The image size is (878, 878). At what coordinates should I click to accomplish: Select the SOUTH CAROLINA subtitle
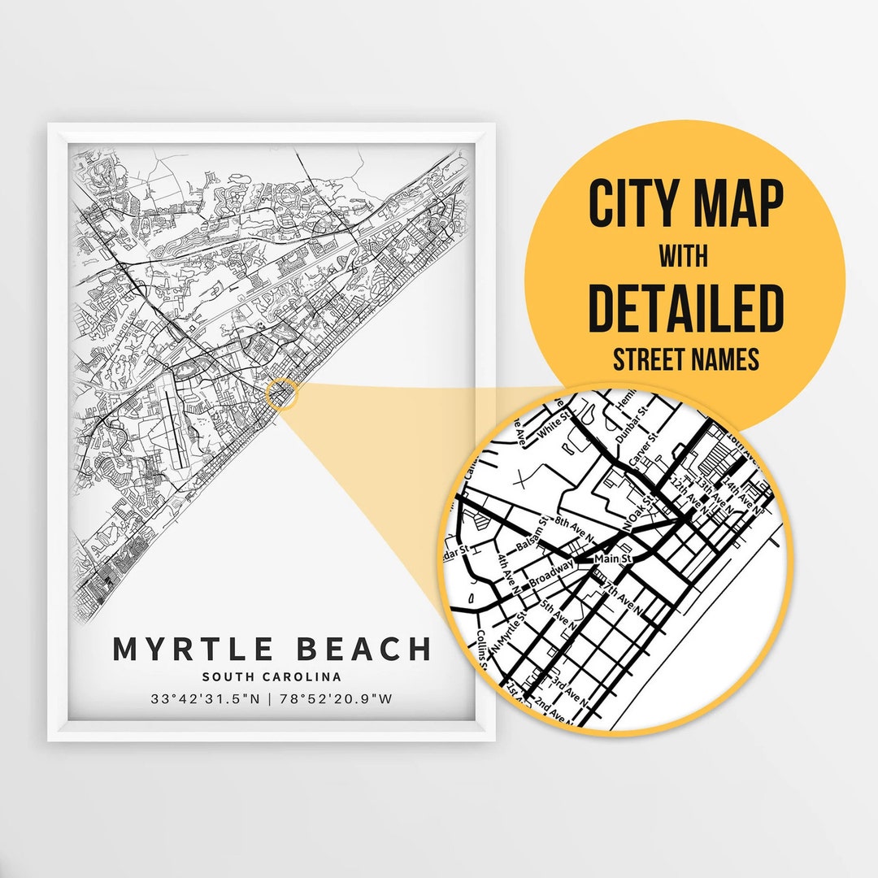(272, 676)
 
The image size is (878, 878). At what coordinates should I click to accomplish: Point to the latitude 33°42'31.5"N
(207, 698)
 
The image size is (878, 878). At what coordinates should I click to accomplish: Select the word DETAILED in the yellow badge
(685, 308)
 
